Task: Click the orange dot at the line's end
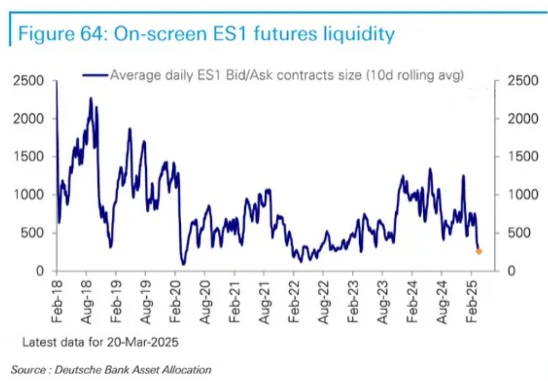pyautogui.click(x=479, y=252)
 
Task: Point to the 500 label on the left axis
pyautogui.click(x=40, y=233)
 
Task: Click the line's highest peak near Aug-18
pyautogui.click(x=91, y=98)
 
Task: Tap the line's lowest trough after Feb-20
pyautogui.click(x=183, y=264)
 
